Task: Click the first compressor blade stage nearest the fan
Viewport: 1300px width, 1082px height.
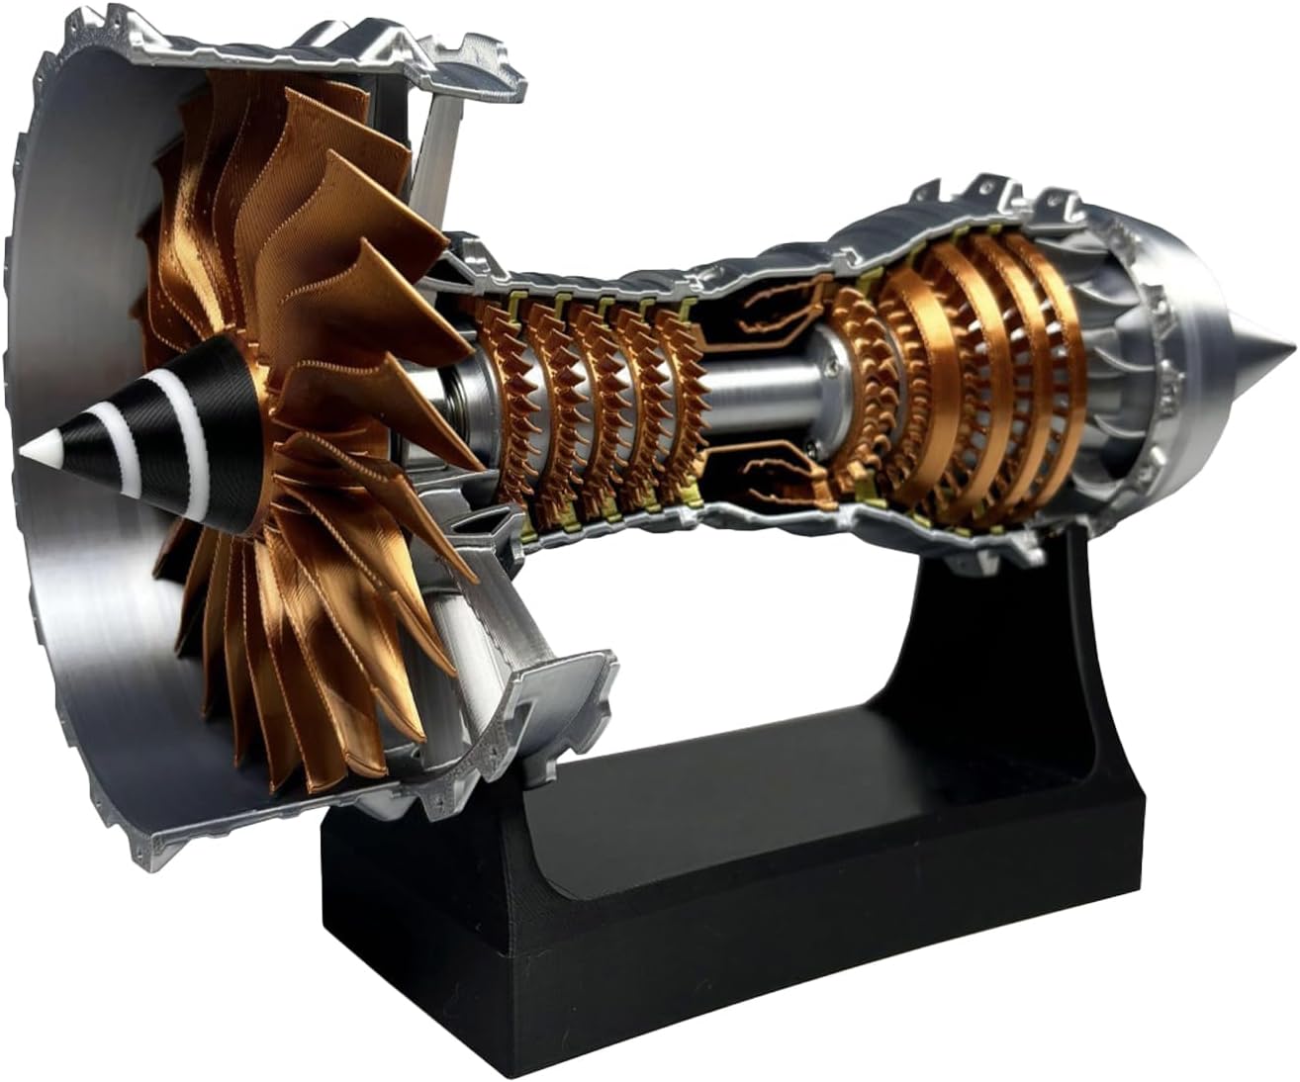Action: [x=500, y=396]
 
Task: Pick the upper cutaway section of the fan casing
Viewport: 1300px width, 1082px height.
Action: [x=326, y=49]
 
